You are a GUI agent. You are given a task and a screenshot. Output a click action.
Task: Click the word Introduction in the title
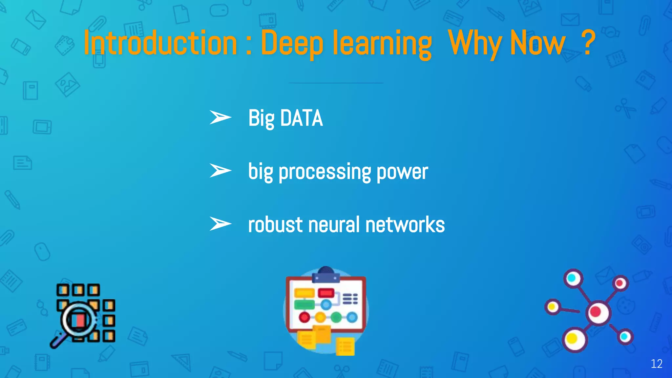pyautogui.click(x=160, y=43)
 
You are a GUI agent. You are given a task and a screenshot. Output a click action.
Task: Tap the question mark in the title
pyautogui.click(x=588, y=43)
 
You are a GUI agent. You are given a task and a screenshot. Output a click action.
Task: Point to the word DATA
pyautogui.click(x=302, y=118)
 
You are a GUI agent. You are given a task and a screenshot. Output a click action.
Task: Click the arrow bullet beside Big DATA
pyautogui.click(x=220, y=117)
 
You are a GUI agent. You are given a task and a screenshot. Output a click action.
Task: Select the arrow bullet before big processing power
pyautogui.click(x=220, y=171)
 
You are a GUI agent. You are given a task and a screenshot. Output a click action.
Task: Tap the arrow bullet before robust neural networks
pyautogui.click(x=220, y=224)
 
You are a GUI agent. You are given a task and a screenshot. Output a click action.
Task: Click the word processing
pyautogui.click(x=325, y=172)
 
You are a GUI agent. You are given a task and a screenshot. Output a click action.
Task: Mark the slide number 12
pyautogui.click(x=657, y=364)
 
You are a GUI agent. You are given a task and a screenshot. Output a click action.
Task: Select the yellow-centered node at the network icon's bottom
pyautogui.click(x=574, y=339)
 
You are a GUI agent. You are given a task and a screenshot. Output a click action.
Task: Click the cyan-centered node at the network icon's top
pyautogui.click(x=573, y=279)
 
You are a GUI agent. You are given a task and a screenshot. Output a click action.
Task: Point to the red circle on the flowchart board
pyautogui.click(x=304, y=317)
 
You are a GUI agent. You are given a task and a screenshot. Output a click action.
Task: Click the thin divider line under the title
pyautogui.click(x=335, y=83)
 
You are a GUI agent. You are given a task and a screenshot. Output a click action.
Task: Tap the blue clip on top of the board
pyautogui.click(x=326, y=276)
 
